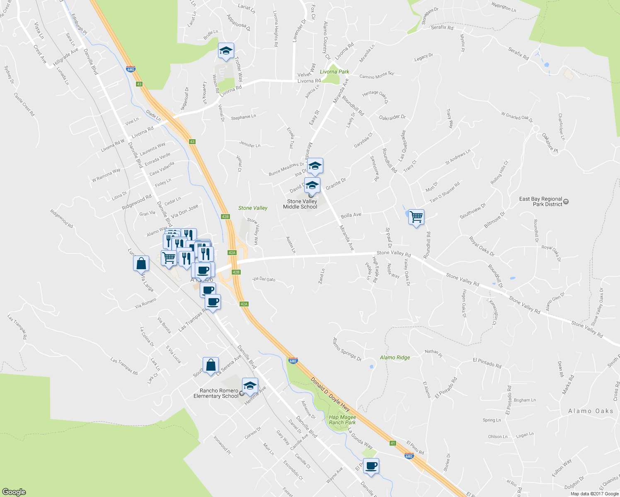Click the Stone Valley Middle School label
[300, 204]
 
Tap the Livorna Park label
[334, 72]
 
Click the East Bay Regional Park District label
[540, 202]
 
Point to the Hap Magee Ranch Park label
[342, 420]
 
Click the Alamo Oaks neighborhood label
[591, 411]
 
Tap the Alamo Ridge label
[395, 357]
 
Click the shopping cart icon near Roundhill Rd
[416, 216]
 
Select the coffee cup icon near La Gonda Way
[371, 466]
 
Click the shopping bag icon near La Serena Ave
[211, 365]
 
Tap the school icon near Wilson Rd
[226, 51]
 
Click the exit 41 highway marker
[393, 443]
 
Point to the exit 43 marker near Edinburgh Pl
[139, 84]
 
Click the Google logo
[14, 492]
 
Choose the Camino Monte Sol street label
[376, 75]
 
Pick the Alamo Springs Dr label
[347, 349]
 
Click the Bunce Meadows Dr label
[286, 169]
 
